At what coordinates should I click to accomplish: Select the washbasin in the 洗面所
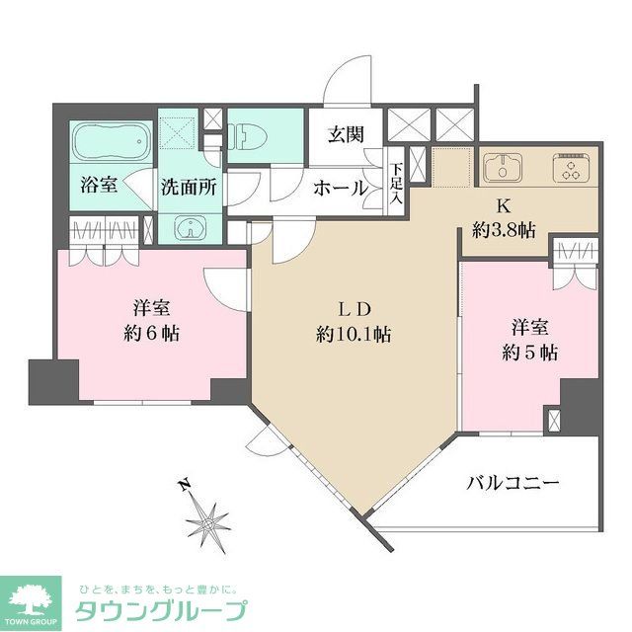click(189, 229)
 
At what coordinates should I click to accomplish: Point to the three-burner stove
click(571, 167)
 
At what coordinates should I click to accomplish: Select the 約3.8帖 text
click(504, 230)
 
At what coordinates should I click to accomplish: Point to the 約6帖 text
click(150, 332)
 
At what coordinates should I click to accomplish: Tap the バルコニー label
click(513, 483)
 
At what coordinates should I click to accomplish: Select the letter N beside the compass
click(182, 485)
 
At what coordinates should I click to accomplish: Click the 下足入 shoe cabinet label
click(395, 183)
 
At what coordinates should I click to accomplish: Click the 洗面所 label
click(190, 185)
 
